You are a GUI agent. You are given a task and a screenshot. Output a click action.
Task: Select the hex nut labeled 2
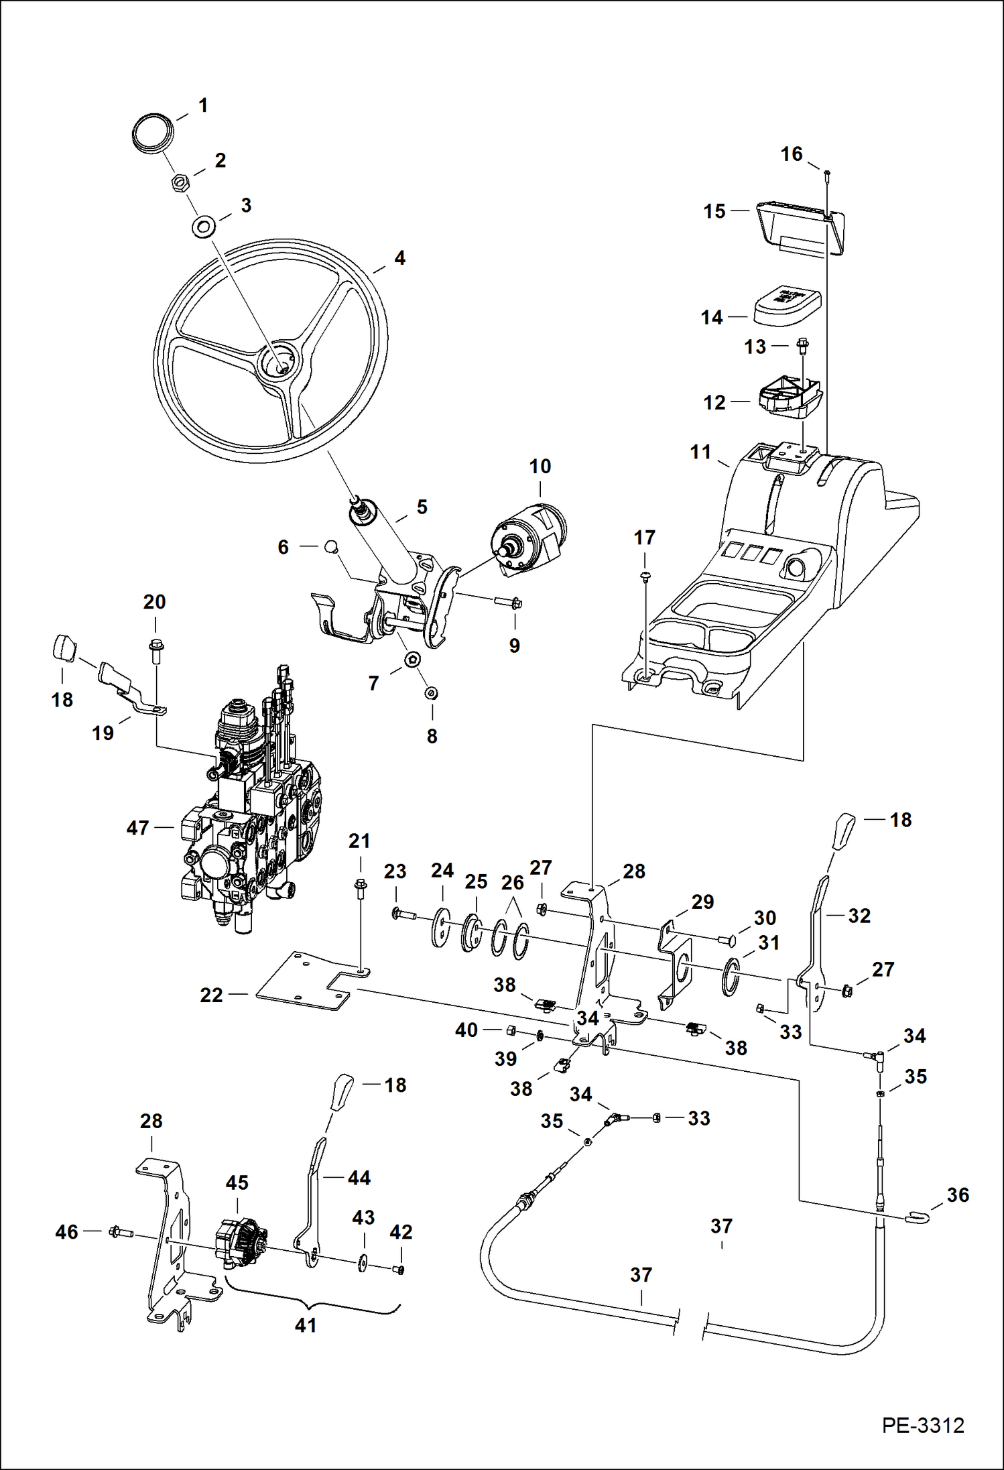click(180, 182)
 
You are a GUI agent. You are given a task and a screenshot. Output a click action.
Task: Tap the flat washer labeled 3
click(203, 227)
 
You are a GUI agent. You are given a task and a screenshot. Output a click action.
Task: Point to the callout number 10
click(540, 467)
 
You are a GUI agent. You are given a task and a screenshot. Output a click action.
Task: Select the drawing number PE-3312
click(923, 1425)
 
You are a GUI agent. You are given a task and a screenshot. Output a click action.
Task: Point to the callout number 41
click(306, 1325)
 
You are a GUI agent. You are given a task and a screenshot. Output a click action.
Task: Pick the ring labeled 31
click(731, 977)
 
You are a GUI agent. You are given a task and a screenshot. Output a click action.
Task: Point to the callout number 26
click(512, 883)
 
